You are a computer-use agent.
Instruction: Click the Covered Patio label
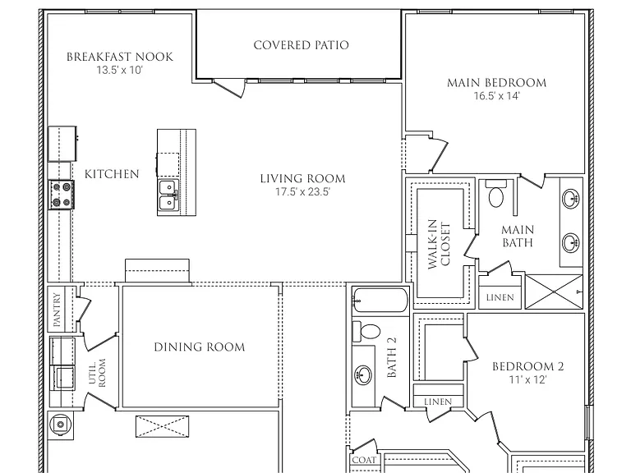pos(301,45)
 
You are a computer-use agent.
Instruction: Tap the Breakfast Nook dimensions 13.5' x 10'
pos(119,70)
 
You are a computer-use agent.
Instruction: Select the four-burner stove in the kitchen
pos(61,195)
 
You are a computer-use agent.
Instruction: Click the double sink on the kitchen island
pos(168,195)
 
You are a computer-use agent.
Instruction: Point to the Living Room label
pos(302,178)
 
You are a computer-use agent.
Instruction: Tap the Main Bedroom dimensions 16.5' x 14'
pos(496,96)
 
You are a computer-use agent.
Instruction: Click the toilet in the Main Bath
pos(495,193)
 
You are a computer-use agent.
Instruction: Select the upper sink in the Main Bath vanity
pos(571,198)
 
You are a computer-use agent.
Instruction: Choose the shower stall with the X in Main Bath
pos(554,292)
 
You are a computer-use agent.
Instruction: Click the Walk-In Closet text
pos(439,244)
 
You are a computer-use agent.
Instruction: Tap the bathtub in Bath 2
pos(380,300)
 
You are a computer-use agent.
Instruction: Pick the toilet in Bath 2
pos(366,332)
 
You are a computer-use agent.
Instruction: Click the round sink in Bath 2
pos(363,374)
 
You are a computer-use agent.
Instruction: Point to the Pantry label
pos(57,310)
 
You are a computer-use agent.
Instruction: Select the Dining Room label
pos(200,347)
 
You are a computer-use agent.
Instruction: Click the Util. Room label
pos(97,373)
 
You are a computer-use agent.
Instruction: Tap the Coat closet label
pos(364,460)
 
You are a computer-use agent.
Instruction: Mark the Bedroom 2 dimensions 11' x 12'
pos(528,379)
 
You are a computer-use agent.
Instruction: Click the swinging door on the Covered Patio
pos(228,88)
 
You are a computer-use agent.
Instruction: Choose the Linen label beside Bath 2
pos(438,402)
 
